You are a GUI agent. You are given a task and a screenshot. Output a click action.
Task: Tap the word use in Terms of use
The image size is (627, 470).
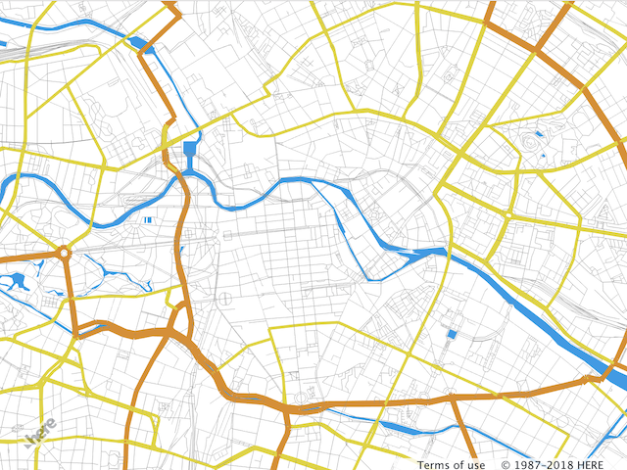[475, 465]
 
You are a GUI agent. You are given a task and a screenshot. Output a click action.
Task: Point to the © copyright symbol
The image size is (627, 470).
[506, 465]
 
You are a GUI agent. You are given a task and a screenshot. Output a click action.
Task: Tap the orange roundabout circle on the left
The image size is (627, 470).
[64, 254]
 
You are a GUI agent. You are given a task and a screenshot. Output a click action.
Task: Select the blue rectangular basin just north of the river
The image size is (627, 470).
[190, 151]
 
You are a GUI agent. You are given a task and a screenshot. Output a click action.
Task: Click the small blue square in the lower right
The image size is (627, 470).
[452, 335]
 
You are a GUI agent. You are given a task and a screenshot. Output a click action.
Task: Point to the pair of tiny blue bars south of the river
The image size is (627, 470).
[148, 220]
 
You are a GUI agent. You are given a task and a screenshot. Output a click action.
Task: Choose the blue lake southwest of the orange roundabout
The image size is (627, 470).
[17, 282]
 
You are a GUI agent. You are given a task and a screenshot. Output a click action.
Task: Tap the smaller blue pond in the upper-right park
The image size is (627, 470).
[537, 132]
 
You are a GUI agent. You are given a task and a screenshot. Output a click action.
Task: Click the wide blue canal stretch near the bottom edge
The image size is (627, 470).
[407, 427]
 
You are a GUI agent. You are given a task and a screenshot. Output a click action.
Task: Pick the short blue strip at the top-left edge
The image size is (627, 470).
[3, 43]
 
